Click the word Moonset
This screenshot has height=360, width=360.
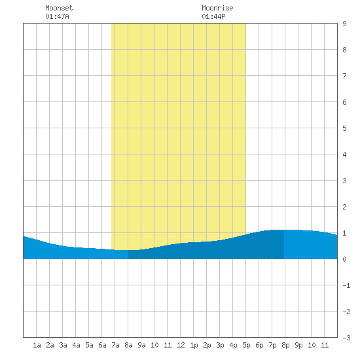[59, 8]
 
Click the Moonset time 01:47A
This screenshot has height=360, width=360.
[57, 16]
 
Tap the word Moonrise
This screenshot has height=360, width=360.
[217, 8]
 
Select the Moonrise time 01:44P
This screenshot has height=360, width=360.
[213, 16]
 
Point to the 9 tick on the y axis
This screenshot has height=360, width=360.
[344, 24]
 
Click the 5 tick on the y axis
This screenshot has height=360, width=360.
[344, 128]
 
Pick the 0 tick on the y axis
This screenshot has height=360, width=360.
[344, 259]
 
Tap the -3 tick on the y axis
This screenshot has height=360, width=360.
[346, 338]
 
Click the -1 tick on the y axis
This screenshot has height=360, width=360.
[346, 285]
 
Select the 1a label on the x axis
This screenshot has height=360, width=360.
[37, 345]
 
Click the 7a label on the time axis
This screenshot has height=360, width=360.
[115, 345]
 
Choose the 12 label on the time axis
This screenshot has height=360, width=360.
[181, 345]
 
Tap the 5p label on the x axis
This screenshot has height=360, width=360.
[246, 345]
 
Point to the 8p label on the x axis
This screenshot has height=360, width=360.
[285, 345]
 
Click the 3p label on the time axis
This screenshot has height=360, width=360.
[220, 345]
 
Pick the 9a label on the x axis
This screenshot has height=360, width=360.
[141, 345]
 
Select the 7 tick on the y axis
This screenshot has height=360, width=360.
[344, 76]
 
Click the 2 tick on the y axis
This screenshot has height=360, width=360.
[344, 207]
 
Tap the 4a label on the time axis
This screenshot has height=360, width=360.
[76, 345]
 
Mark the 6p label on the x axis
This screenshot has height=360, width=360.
[259, 345]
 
